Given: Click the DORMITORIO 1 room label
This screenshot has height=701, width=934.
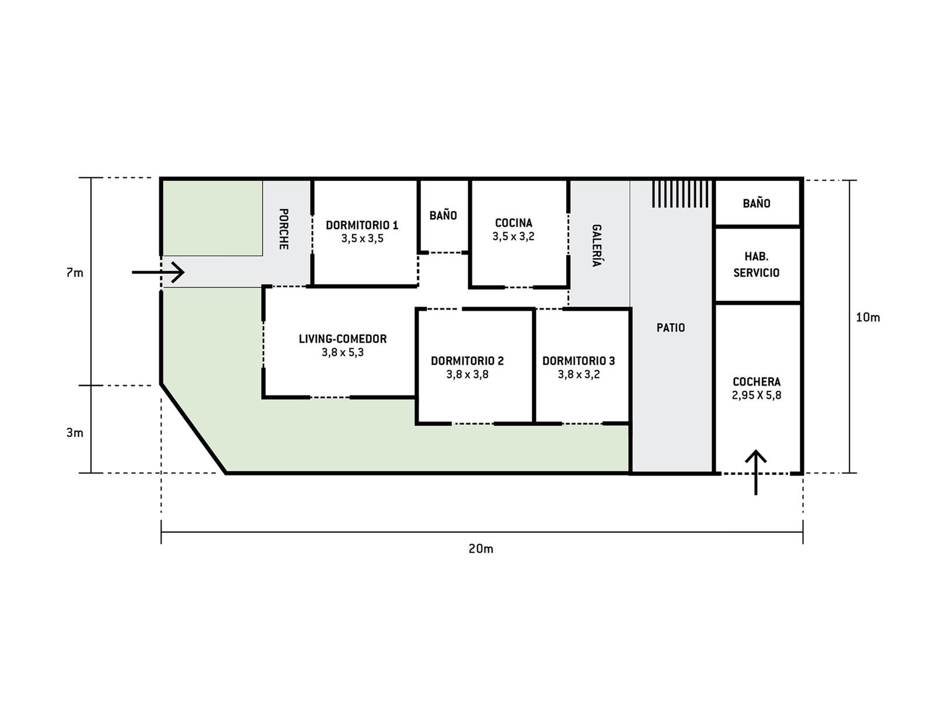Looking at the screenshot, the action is [362, 225].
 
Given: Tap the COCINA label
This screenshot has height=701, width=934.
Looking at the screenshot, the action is [514, 223].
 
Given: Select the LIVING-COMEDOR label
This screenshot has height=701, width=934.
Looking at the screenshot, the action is [343, 339].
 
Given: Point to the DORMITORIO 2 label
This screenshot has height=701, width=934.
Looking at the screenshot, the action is [467, 361].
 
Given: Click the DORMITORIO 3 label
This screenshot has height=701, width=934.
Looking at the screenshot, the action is [578, 361].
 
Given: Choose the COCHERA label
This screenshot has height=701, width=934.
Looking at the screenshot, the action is [757, 382].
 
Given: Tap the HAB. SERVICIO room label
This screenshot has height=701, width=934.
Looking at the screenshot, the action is [757, 265].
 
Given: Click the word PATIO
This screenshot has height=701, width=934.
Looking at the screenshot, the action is [671, 328].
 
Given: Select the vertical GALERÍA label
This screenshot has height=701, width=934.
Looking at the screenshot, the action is [597, 245].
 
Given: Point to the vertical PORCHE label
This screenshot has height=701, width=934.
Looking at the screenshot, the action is [283, 229].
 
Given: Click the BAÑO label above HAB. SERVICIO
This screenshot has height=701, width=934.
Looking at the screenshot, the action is [757, 203].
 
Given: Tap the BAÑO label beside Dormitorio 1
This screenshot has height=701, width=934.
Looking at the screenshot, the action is [443, 216].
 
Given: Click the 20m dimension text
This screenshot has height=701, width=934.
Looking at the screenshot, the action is [481, 549].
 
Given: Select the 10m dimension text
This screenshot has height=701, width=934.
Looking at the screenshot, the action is [868, 318].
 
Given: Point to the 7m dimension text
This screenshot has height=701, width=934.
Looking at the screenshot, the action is [75, 273].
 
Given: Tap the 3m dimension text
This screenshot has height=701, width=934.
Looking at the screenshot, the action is [75, 433].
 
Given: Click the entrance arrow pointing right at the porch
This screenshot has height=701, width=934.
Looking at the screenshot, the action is [158, 272].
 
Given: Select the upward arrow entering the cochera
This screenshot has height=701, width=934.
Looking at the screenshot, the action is [756, 472].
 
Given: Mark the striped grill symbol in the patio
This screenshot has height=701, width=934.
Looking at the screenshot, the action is [682, 194].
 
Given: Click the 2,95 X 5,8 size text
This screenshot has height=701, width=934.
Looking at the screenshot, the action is [757, 395].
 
